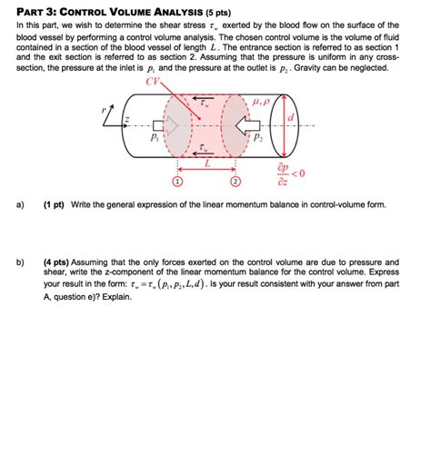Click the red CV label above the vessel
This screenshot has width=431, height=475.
(x=152, y=81)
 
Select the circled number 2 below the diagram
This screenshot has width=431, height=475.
(x=236, y=182)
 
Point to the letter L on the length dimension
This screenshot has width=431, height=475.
(x=207, y=164)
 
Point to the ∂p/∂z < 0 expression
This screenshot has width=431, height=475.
(x=285, y=173)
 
